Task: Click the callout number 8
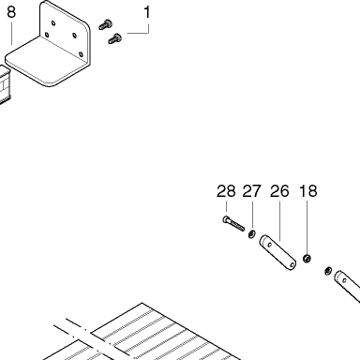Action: [x=11, y=12]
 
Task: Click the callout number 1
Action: [x=147, y=13]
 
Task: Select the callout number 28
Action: [x=226, y=191]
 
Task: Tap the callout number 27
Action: [x=251, y=191]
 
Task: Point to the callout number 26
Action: [x=279, y=191]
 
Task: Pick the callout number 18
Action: [x=308, y=191]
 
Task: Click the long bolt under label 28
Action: [x=233, y=223]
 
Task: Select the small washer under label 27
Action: [x=251, y=233]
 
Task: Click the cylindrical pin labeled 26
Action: [x=277, y=252]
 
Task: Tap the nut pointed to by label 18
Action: [x=307, y=259]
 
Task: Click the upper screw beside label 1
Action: [x=106, y=24]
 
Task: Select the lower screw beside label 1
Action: [x=115, y=38]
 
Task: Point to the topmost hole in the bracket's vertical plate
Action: [x=53, y=22]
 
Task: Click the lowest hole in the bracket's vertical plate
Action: [x=81, y=54]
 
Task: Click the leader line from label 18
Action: [x=307, y=227]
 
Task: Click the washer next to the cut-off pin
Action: [x=328, y=270]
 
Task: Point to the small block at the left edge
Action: [x=6, y=84]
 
